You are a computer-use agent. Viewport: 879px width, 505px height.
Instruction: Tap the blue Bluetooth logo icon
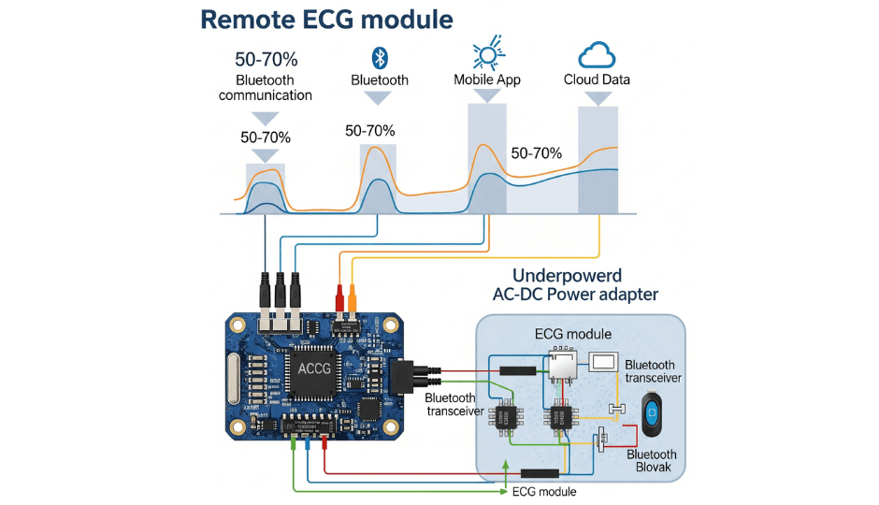(x=380, y=57)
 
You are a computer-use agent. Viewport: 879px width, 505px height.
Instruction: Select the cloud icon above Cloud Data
(x=597, y=55)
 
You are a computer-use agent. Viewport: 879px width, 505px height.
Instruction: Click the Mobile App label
(x=486, y=80)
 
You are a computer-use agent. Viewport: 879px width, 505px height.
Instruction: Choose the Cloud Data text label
(x=597, y=80)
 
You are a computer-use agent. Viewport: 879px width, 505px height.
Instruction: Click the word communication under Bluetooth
(x=266, y=95)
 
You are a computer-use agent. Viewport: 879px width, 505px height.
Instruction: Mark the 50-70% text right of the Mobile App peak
(x=536, y=152)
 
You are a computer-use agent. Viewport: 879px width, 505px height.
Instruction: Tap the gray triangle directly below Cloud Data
(x=597, y=97)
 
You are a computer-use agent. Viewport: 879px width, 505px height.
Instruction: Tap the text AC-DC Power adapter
(x=575, y=295)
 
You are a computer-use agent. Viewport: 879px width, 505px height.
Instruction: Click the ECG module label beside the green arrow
(x=545, y=492)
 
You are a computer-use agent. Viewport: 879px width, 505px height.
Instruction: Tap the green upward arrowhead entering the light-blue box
(x=506, y=465)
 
